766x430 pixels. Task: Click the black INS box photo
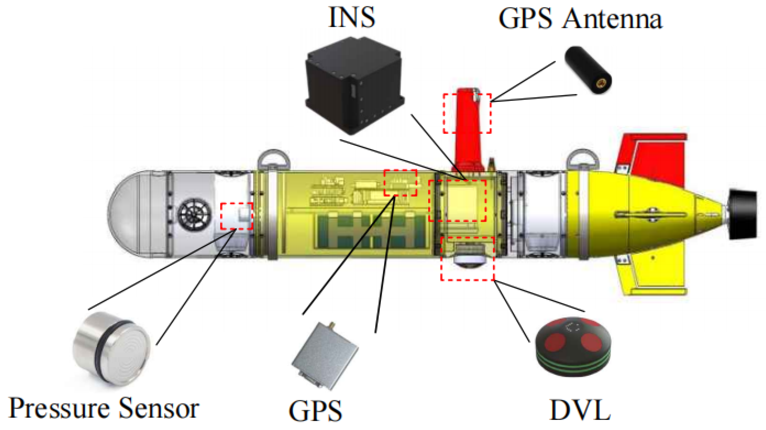click(354, 85)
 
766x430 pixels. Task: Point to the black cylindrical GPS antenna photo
click(588, 70)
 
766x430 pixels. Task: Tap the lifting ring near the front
click(273, 159)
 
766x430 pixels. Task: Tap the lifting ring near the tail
click(583, 158)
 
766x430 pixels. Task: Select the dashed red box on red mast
click(467, 113)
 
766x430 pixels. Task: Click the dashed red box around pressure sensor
click(236, 216)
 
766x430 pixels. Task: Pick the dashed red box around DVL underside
click(467, 259)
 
